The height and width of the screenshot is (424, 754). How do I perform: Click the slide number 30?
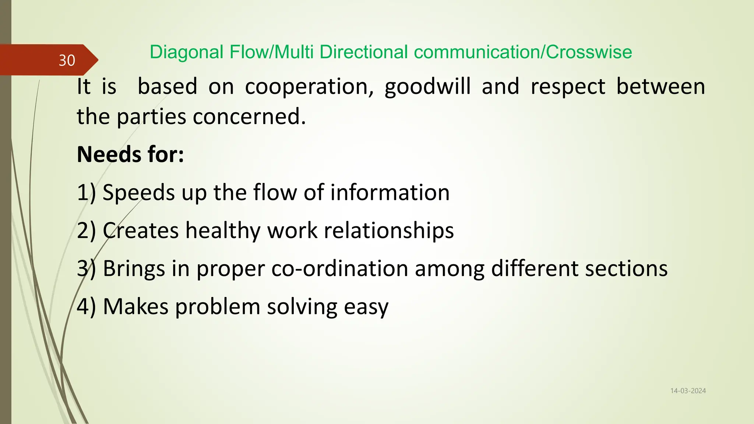pyautogui.click(x=67, y=60)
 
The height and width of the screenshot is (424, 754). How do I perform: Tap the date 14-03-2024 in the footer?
pyautogui.click(x=688, y=391)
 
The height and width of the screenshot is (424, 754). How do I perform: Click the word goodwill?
pyautogui.click(x=427, y=87)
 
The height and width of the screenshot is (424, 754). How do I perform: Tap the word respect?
pyautogui.click(x=568, y=87)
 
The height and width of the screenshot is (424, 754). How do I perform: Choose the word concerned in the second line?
pyautogui.click(x=249, y=117)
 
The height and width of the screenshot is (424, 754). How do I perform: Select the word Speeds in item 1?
pyautogui.click(x=138, y=192)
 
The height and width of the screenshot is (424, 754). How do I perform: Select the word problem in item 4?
pyautogui.click(x=218, y=307)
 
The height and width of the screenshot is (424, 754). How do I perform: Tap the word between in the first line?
pyautogui.click(x=661, y=87)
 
